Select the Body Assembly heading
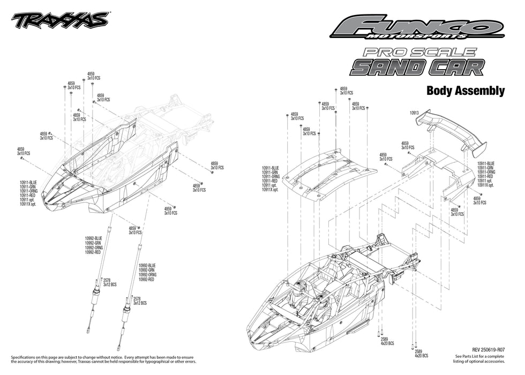pyautogui.click(x=465, y=91)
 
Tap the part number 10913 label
pyautogui.click(x=414, y=113)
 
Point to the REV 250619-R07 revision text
pyautogui.click(x=489, y=348)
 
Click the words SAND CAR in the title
pyautogui.click(x=417, y=67)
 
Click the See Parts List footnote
pyautogui.click(x=479, y=358)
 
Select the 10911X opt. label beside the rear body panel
pyautogui.click(x=485, y=185)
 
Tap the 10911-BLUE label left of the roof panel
pyautogui.click(x=272, y=168)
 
